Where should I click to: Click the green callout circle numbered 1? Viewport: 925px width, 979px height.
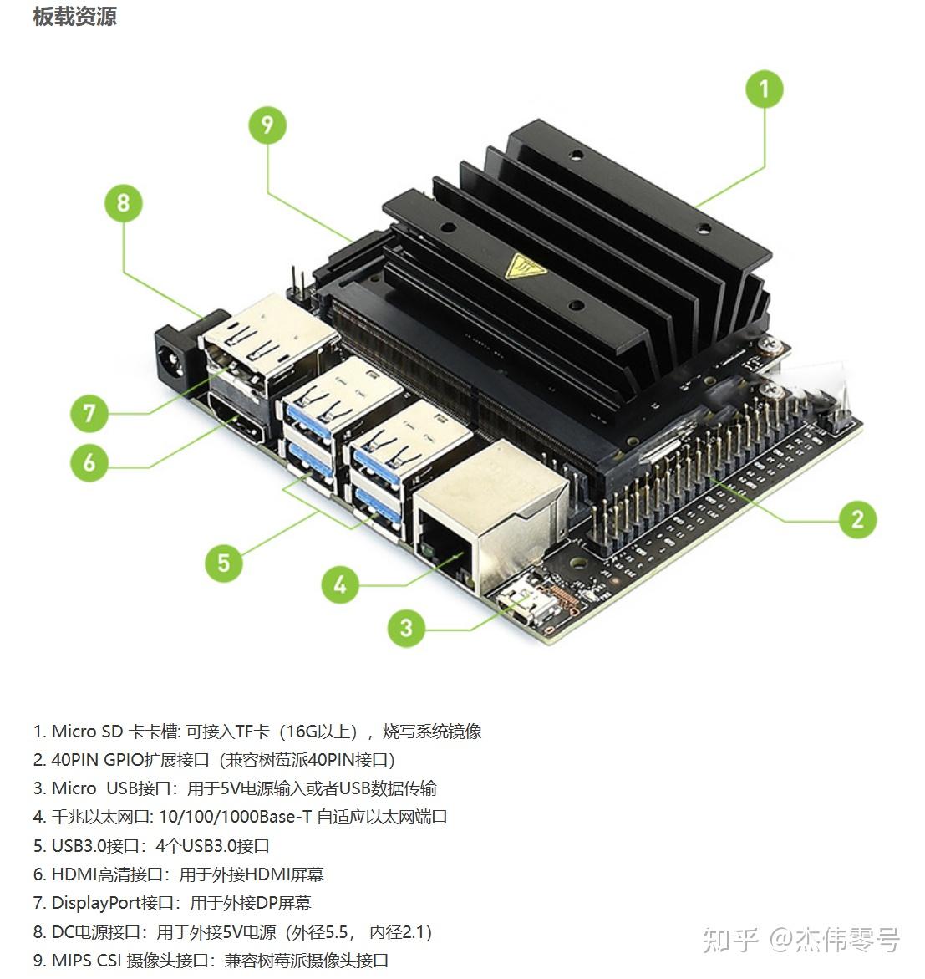click(x=764, y=89)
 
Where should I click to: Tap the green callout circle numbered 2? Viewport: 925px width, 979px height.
click(x=857, y=519)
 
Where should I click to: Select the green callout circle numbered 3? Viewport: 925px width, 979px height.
click(x=406, y=628)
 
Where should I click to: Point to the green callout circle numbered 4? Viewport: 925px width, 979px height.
click(x=340, y=584)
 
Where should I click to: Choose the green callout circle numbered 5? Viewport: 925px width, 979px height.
click(x=224, y=563)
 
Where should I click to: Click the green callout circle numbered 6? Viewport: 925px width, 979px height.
click(x=89, y=462)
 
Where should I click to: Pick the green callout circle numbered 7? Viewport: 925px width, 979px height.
click(x=89, y=413)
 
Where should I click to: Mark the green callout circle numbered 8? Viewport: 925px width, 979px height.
click(x=124, y=203)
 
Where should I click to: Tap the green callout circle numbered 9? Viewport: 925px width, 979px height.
click(x=267, y=125)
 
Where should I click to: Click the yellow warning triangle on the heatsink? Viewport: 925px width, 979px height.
click(x=524, y=267)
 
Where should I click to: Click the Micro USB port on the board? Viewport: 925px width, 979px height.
click(x=520, y=608)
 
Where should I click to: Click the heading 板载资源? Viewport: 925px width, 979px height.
click(x=75, y=16)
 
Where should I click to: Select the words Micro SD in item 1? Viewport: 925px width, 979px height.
click(x=87, y=732)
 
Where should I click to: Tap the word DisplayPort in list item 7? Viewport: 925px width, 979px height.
click(x=95, y=903)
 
